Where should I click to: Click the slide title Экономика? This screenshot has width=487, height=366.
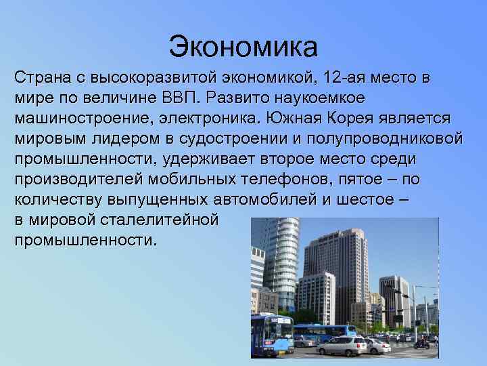243,46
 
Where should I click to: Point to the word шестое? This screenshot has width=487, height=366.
370,200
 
